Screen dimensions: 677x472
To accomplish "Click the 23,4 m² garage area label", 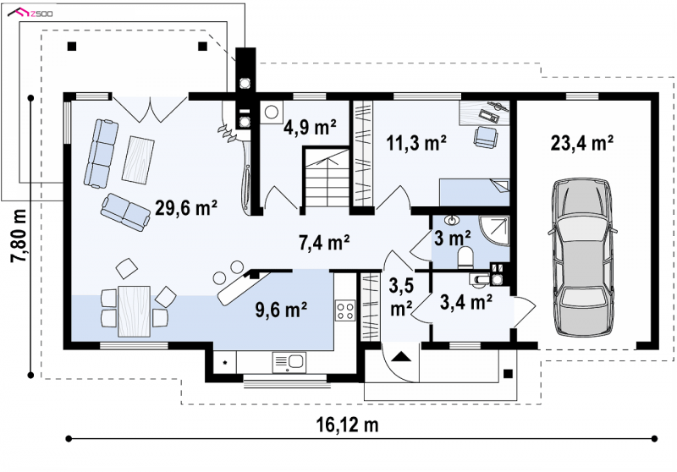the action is tap(582, 143).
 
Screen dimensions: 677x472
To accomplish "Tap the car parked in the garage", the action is tap(582, 257).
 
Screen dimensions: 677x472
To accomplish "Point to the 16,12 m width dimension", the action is tap(347, 425).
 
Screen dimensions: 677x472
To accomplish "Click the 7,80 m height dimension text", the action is tap(19, 235).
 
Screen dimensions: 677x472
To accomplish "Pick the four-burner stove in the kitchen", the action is tap(345, 310).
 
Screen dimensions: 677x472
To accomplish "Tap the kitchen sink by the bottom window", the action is tap(289, 362).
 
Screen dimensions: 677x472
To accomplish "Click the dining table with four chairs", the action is tap(135, 310).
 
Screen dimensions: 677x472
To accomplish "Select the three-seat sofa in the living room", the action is tap(101, 154).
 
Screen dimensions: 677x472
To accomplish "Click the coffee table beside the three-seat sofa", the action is tap(138, 159).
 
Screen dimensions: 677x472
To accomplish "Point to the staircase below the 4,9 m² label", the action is tap(327, 178).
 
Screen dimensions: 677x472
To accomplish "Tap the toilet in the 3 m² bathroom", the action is tap(465, 257).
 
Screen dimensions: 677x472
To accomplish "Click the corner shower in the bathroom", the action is tap(494, 231).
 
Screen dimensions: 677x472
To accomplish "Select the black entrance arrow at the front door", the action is tap(401, 356).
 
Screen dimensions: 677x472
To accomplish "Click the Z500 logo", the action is tap(30, 13).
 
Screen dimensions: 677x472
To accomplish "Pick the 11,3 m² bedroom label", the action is tap(416, 143).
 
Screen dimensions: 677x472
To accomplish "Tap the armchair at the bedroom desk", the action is tap(486, 137).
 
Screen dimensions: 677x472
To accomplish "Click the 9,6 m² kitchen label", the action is tap(281, 310).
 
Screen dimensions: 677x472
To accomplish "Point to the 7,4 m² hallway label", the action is tap(324, 243).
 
